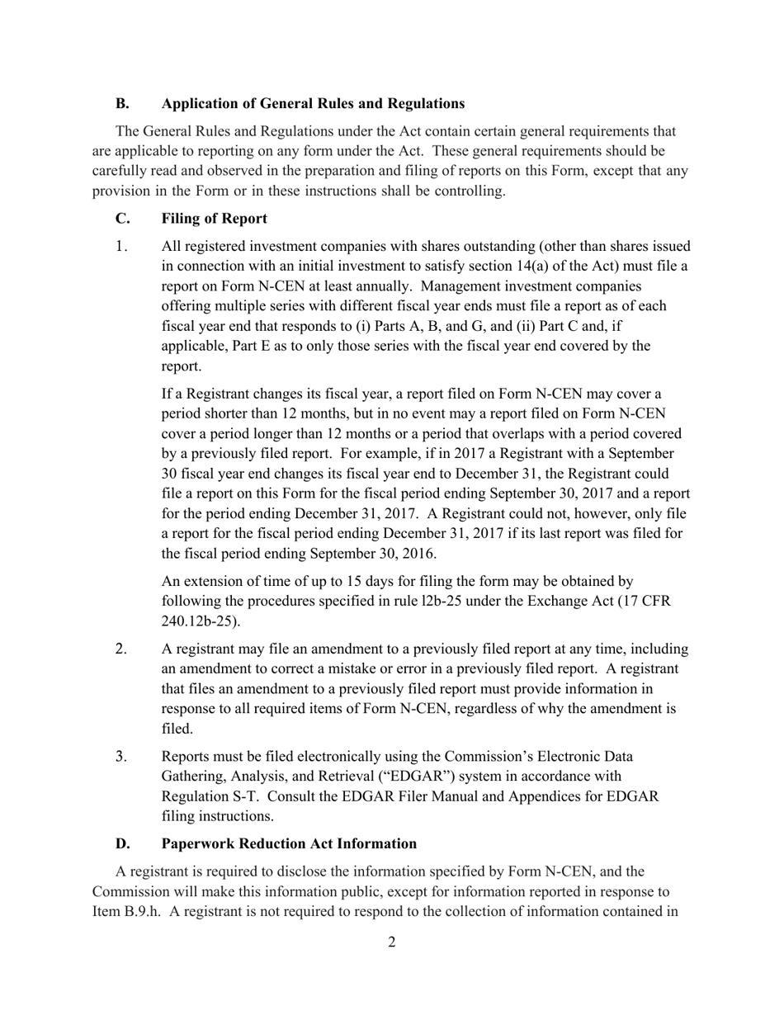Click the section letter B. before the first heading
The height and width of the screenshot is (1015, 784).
point(122,104)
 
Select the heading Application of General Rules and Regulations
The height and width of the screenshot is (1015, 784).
point(313,104)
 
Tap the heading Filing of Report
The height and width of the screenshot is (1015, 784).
point(214,219)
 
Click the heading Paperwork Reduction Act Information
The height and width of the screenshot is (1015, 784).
point(289,843)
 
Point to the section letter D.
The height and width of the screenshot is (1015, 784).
point(122,843)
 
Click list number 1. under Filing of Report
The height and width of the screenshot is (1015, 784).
point(122,247)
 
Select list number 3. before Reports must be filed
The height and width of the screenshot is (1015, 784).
point(121,757)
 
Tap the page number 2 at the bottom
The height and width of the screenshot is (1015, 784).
point(391,942)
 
